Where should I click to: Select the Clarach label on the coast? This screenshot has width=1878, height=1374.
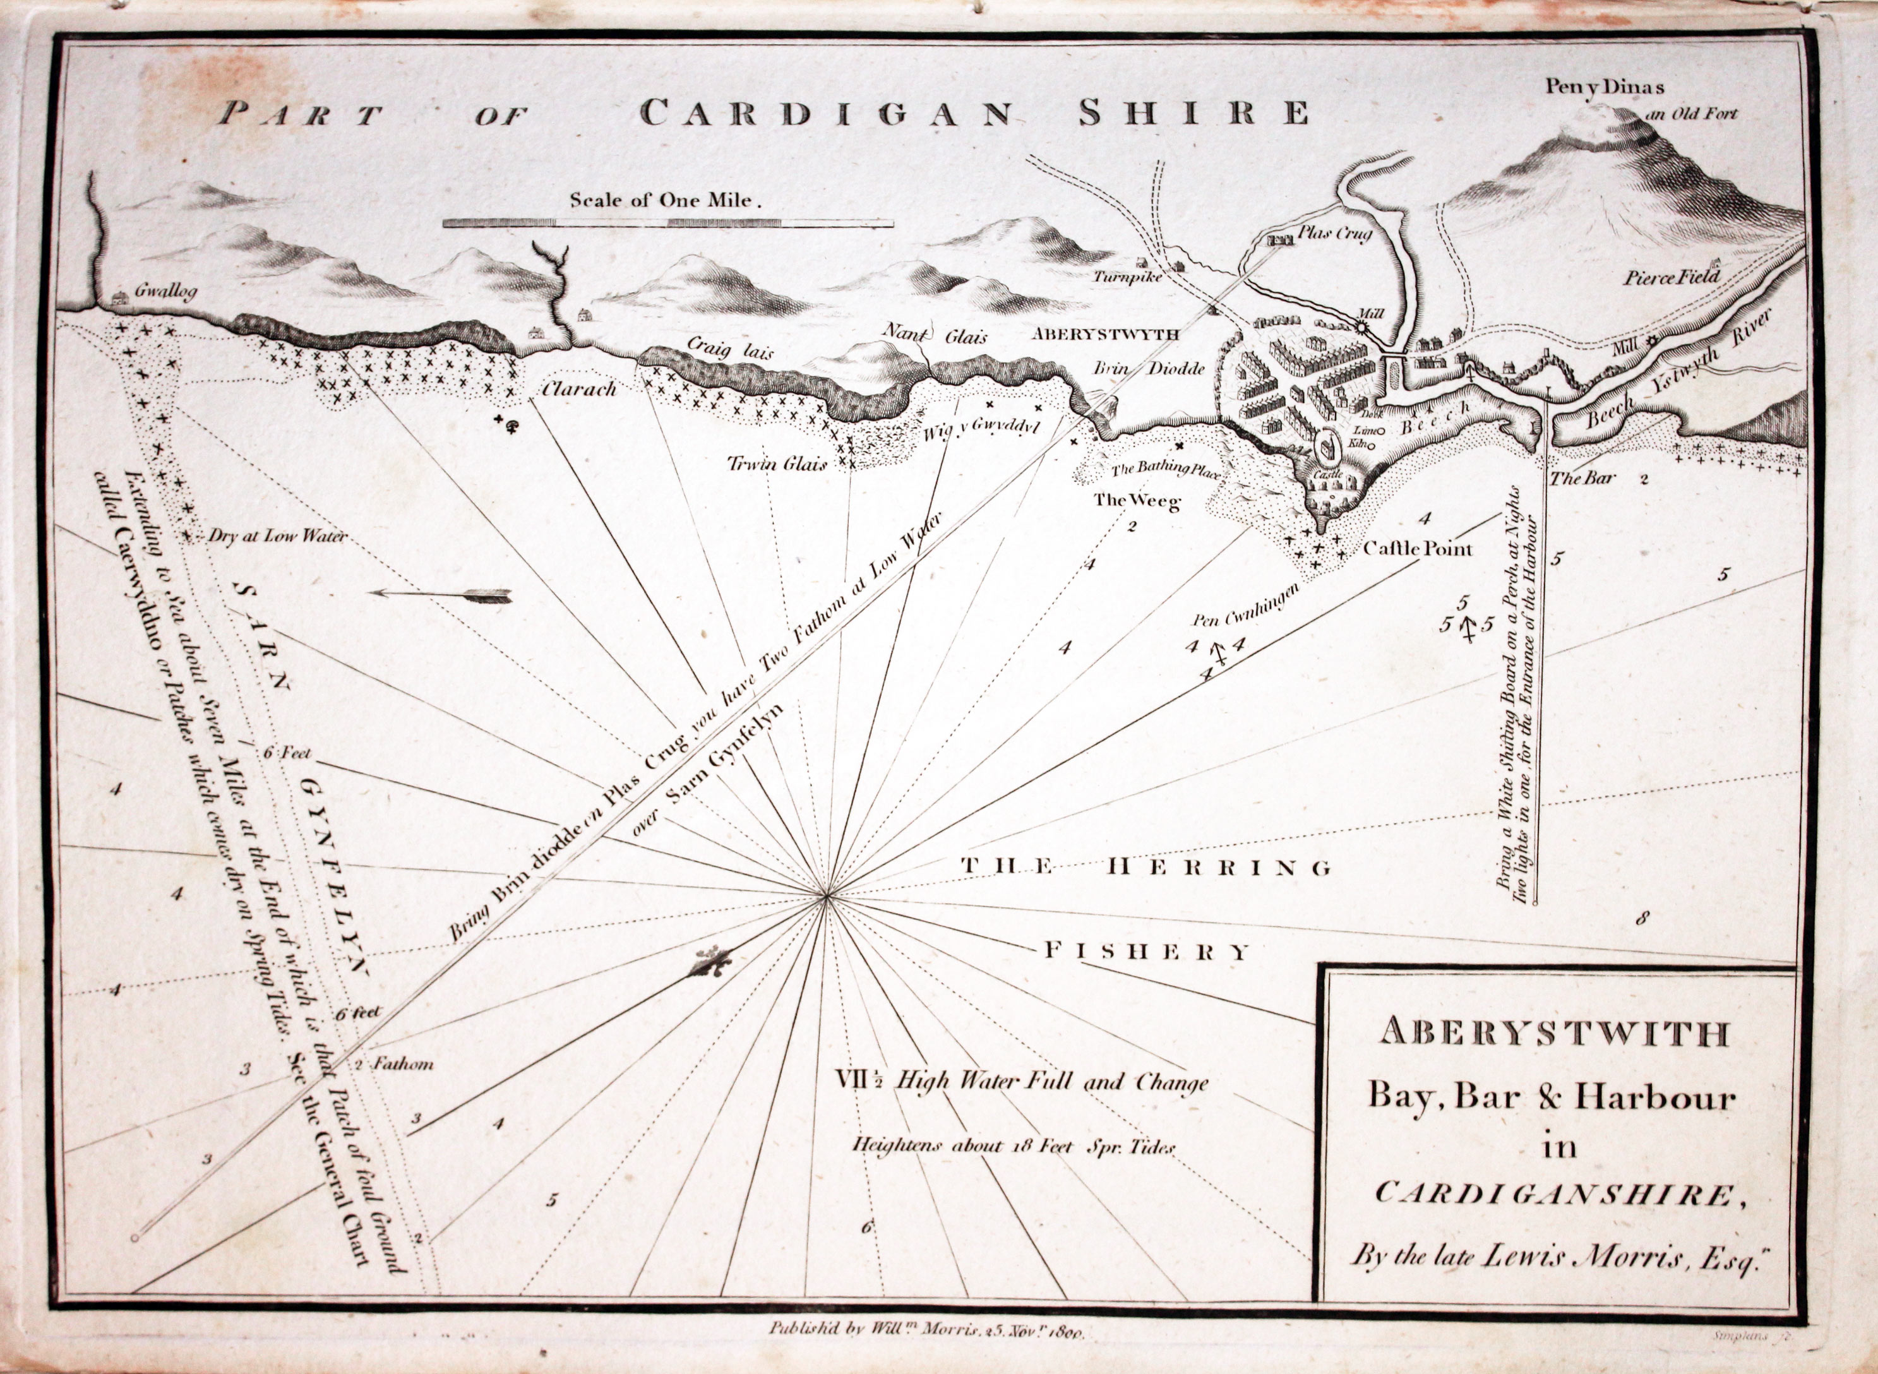(579, 388)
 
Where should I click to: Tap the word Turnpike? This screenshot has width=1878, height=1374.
(1127, 277)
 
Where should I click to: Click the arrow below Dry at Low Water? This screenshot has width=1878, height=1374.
(441, 595)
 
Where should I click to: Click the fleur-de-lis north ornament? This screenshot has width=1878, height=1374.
(709, 963)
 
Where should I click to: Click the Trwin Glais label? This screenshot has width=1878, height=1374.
(777, 464)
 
